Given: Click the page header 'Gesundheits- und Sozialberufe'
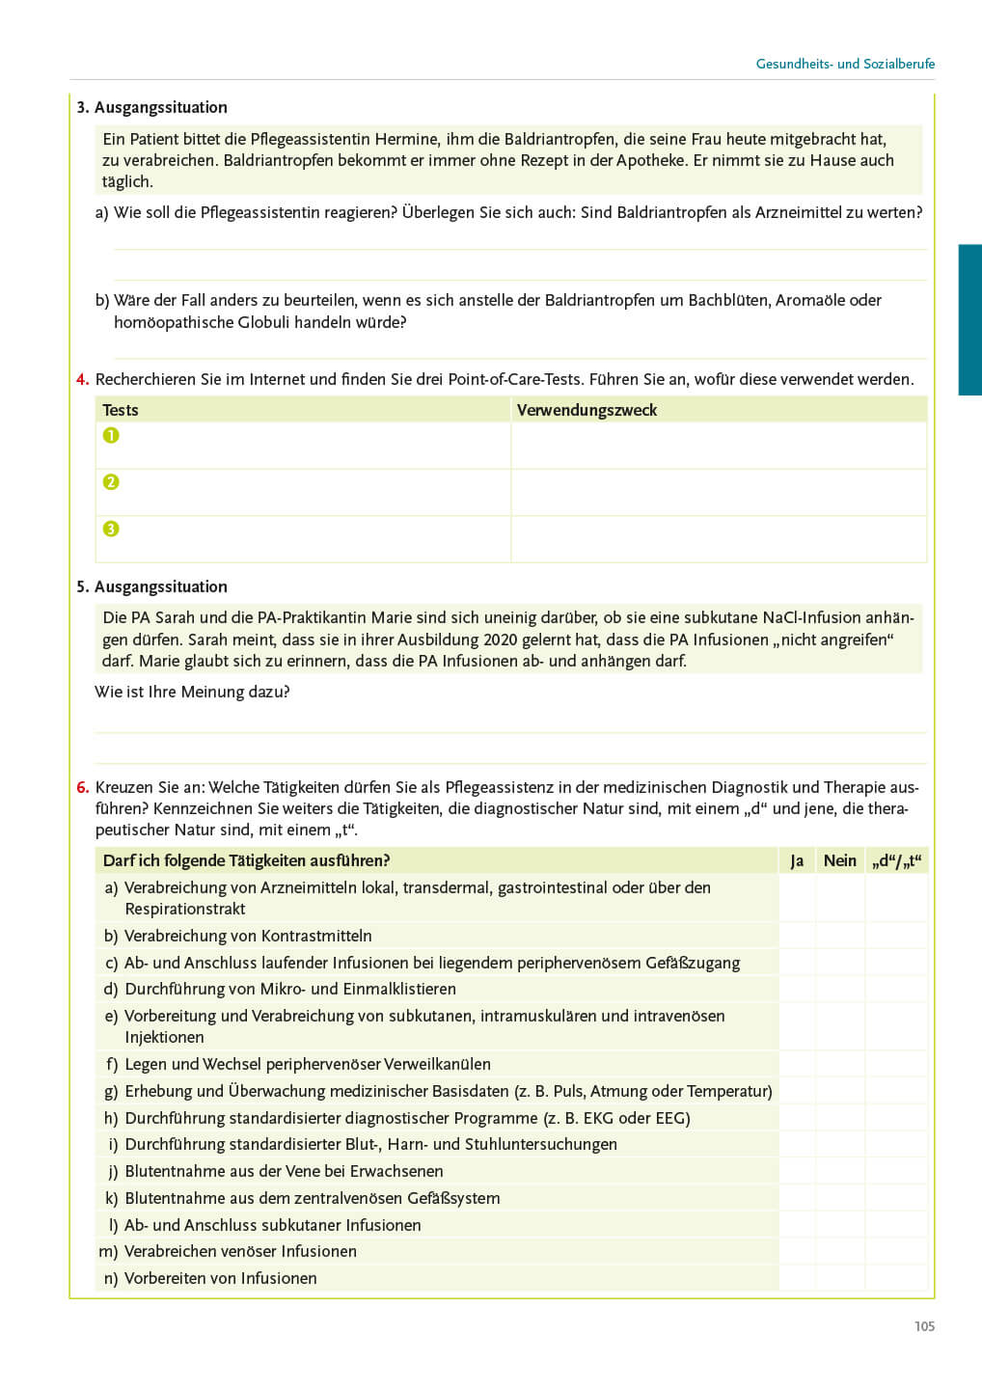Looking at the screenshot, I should (845, 64).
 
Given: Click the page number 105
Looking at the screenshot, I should (924, 1326).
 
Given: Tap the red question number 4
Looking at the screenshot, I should (83, 379).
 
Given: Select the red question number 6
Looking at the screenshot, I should (83, 787).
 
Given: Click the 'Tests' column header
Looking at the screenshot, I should (121, 410).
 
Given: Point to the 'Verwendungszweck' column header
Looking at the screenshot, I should (586, 410).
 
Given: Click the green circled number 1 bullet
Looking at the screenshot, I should (111, 435).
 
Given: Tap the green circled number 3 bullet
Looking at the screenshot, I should (111, 529).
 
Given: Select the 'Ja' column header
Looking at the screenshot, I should (797, 860).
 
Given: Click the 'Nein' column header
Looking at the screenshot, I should (840, 860).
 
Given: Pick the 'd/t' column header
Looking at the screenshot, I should (896, 860).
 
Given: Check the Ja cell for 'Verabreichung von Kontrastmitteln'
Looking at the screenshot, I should (797, 936).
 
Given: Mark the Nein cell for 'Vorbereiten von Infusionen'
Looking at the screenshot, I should (840, 1278).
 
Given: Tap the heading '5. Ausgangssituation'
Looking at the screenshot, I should (152, 586).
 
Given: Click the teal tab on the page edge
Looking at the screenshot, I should (969, 319).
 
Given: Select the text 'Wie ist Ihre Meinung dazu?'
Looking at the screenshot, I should (192, 692).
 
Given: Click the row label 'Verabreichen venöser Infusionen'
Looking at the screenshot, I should (240, 1251).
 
